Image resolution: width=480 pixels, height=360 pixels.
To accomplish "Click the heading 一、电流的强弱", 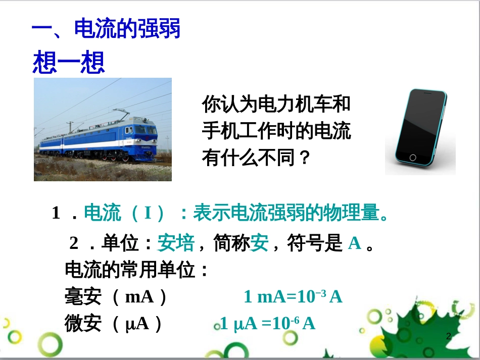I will point(106,29).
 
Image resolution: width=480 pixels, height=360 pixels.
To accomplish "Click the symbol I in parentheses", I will point(148,214).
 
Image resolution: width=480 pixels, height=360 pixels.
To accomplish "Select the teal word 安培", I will point(176,244).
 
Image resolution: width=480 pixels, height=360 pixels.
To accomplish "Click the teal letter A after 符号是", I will point(355,244).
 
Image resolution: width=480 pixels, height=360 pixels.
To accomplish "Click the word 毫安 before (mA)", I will point(84,296).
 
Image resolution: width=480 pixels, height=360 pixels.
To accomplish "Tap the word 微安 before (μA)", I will point(84,323).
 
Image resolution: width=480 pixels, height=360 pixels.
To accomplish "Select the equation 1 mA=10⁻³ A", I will point(293,296).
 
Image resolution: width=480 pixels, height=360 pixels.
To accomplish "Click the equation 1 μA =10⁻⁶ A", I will point(267,324).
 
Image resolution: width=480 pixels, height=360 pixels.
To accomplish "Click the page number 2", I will point(448,336).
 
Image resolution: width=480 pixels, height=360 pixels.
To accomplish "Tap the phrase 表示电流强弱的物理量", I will point(285,214).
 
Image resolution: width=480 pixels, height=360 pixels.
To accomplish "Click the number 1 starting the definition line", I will point(56,214).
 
